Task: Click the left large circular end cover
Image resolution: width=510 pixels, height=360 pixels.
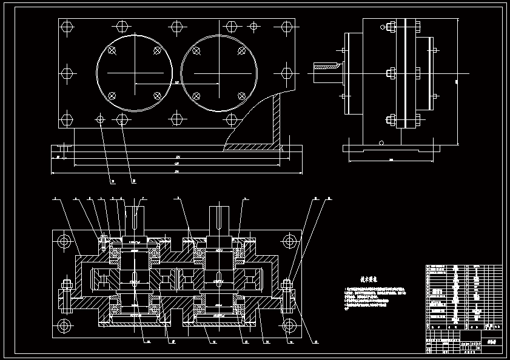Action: coord(135,73)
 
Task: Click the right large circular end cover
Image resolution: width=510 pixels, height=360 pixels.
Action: coord(219,73)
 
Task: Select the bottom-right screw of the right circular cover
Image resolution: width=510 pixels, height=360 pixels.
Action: coord(241,96)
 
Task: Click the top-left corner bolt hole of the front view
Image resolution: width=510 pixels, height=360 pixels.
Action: coord(67,27)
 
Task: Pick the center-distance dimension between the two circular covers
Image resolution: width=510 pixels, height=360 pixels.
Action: coord(176,83)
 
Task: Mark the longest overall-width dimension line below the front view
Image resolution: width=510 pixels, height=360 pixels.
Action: coord(176,172)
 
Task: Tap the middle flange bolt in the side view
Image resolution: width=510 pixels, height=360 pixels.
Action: coord(391,74)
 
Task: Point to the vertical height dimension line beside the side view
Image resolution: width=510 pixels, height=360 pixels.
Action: coord(456,81)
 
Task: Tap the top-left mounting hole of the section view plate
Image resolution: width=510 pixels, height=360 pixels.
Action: coord(63,241)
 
